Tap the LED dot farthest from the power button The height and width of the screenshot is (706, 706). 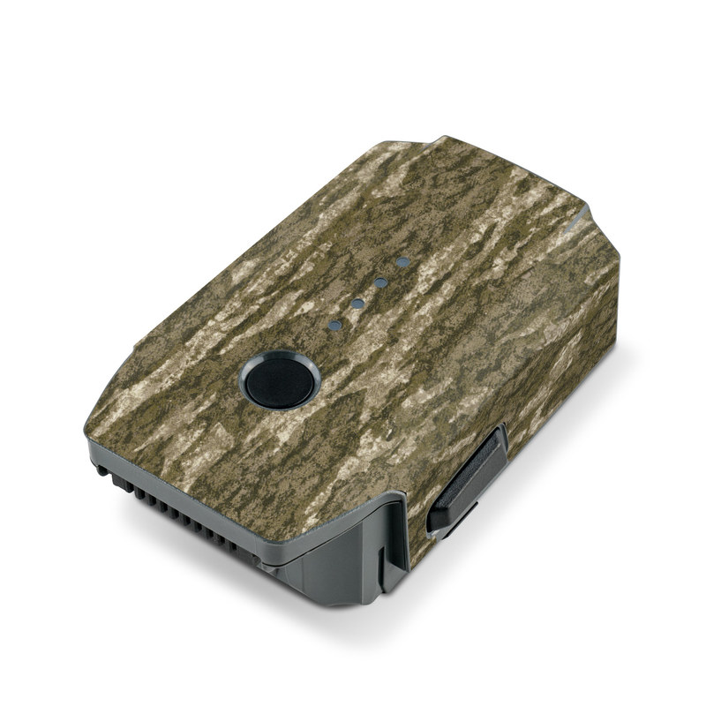click(x=403, y=262)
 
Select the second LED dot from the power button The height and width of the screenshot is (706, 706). click(x=358, y=304)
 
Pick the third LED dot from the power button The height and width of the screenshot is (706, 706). click(x=381, y=282)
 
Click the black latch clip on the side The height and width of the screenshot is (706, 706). click(x=468, y=477)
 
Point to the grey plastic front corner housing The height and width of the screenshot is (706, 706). click(x=349, y=565)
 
